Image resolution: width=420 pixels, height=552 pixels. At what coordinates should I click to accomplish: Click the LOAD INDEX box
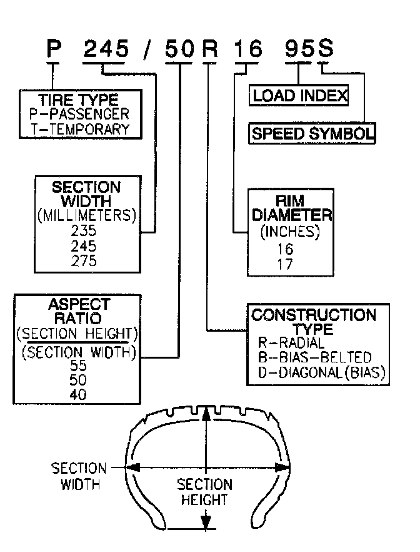(299, 96)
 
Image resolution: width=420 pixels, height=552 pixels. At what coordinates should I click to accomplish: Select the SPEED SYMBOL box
(312, 133)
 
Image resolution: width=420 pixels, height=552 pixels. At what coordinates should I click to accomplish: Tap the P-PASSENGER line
(79, 115)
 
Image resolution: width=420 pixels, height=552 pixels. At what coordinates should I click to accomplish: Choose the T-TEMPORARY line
(79, 129)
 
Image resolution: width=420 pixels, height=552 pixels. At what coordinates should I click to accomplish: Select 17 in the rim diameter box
(285, 263)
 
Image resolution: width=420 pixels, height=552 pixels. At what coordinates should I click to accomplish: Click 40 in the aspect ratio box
(78, 395)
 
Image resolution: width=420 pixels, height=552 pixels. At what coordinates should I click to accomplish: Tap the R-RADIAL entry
(291, 343)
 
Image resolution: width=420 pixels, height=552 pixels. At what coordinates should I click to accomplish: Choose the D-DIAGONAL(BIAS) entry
(322, 373)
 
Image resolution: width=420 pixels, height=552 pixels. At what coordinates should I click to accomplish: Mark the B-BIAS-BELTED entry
(314, 358)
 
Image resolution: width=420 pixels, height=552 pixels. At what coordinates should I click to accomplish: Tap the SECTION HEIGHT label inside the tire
(204, 492)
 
